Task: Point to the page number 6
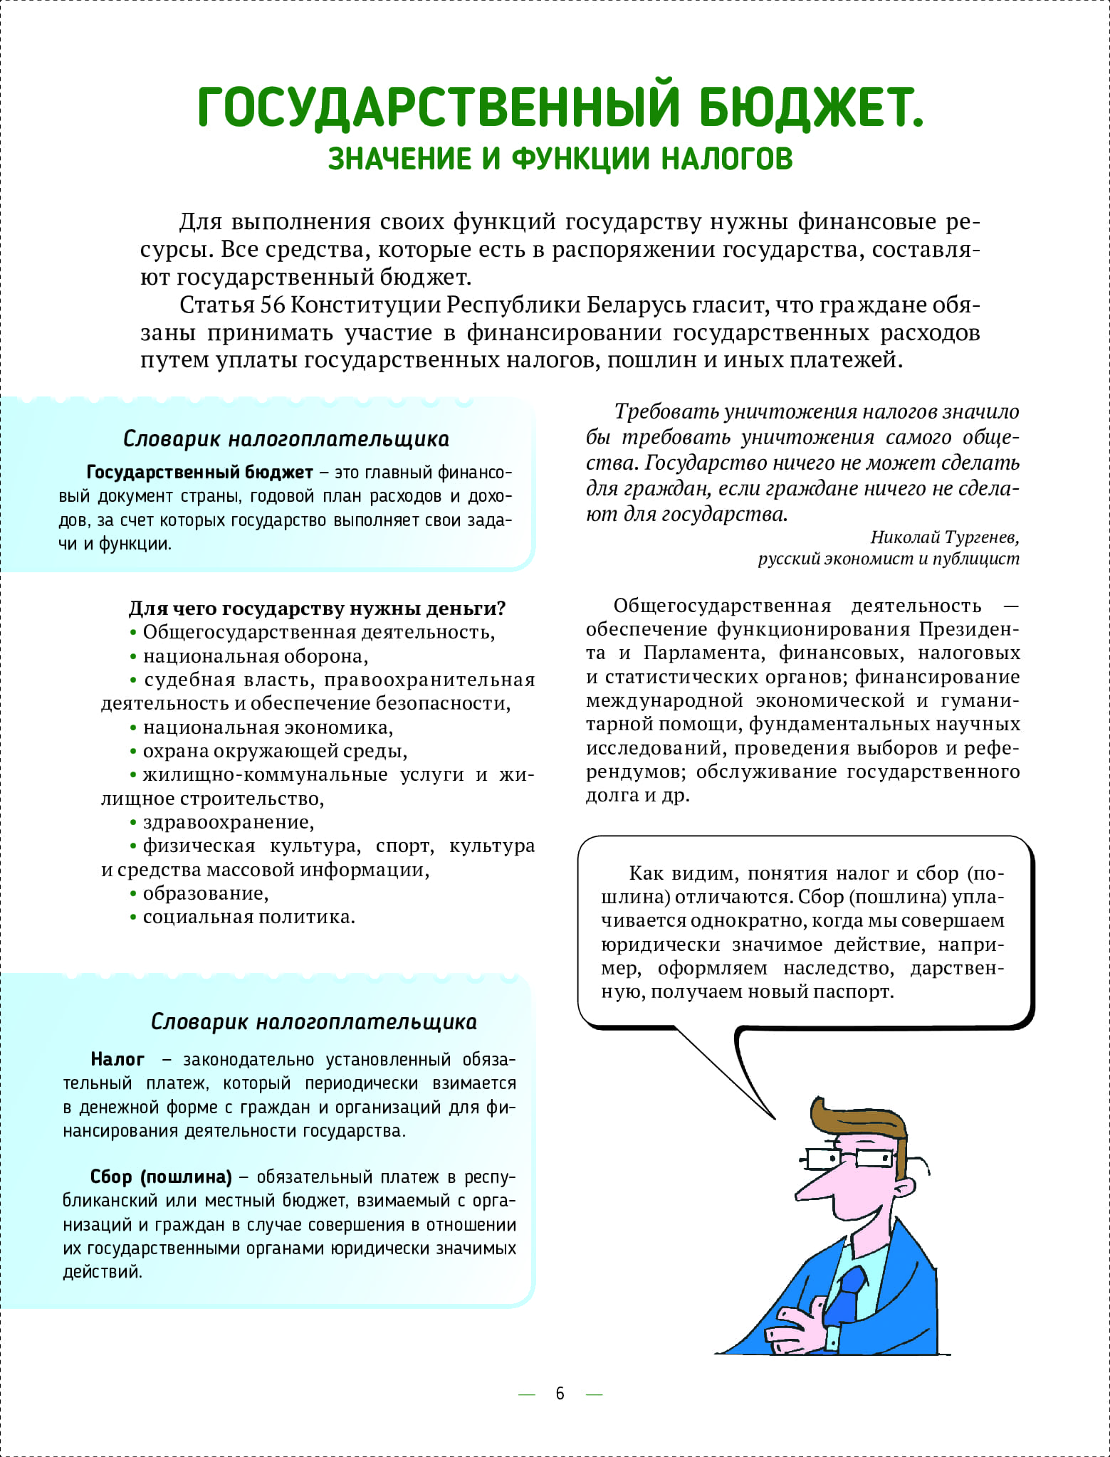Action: pyautogui.click(x=560, y=1393)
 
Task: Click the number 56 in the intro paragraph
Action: pyautogui.click(x=273, y=305)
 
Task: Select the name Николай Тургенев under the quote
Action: pyautogui.click(x=944, y=537)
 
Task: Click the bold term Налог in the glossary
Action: pyautogui.click(x=117, y=1059)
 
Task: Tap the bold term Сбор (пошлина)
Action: pyautogui.click(x=161, y=1177)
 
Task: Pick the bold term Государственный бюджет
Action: pyautogui.click(x=199, y=473)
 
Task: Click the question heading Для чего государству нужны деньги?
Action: pyautogui.click(x=317, y=609)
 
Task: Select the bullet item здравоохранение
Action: pyautogui.click(x=228, y=822)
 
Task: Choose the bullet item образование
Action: pyautogui.click(x=205, y=893)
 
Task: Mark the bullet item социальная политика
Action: pyautogui.click(x=248, y=917)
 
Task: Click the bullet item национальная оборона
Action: pyautogui.click(x=255, y=656)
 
